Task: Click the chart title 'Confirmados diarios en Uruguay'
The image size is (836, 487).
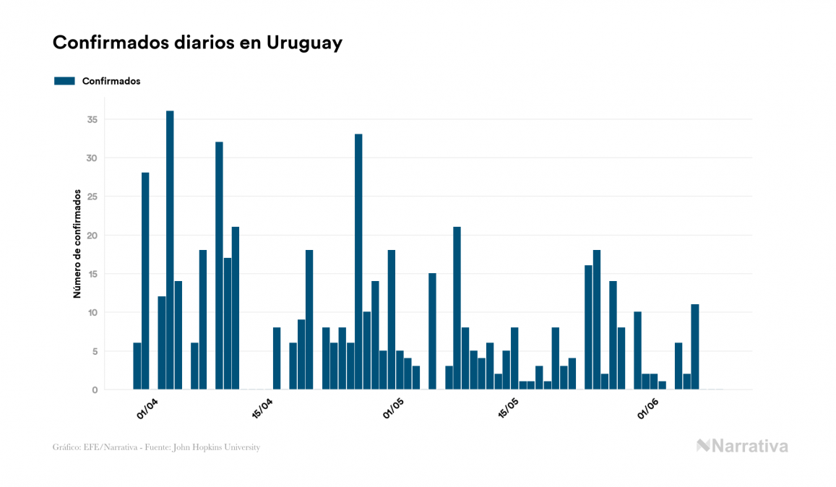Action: [x=197, y=43]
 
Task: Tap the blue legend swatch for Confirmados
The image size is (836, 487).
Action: [x=64, y=81]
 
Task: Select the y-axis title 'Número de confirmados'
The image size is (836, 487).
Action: [x=77, y=244]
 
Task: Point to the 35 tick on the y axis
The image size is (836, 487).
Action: [x=91, y=119]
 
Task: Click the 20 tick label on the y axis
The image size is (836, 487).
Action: [x=91, y=236]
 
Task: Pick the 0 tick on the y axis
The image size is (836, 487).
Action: [x=94, y=390]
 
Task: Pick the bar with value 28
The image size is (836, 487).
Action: [x=145, y=281]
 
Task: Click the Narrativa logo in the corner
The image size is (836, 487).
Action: [x=742, y=446]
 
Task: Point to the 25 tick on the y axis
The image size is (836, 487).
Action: [x=91, y=197]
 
